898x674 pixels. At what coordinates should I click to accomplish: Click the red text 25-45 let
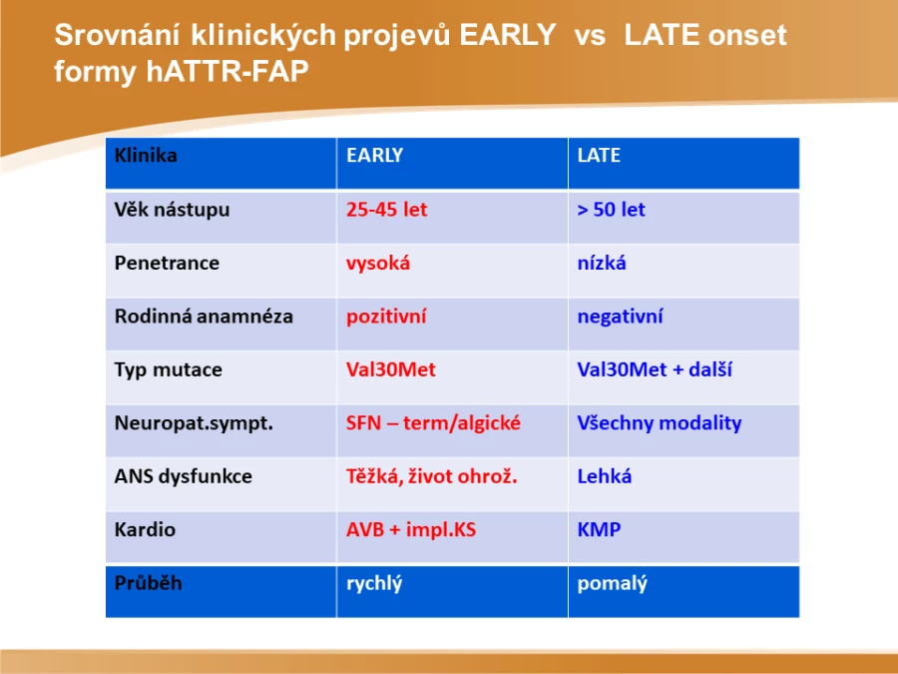[x=386, y=210]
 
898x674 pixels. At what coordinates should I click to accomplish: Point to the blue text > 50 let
[x=611, y=210]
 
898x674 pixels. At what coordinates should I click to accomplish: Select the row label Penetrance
[x=167, y=263]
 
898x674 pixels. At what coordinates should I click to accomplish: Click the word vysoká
[x=378, y=263]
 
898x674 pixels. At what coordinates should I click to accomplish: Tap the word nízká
[x=602, y=263]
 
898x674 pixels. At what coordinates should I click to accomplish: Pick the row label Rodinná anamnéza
[x=204, y=317]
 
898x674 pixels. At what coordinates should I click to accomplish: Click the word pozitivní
[x=386, y=317]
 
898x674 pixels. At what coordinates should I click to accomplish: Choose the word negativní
[x=621, y=317]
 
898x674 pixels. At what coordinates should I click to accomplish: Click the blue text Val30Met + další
[x=655, y=369]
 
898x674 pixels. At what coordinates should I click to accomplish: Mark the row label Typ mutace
[x=168, y=370]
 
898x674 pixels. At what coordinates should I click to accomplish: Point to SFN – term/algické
[x=433, y=423]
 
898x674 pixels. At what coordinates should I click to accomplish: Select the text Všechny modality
[x=660, y=423]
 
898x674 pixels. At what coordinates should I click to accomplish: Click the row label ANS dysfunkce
[x=184, y=476]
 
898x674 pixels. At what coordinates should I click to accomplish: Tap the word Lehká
[x=605, y=476]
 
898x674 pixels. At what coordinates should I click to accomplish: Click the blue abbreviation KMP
[x=599, y=529]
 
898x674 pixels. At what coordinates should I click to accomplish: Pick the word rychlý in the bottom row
[x=374, y=584]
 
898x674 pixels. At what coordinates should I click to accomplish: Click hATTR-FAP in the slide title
[x=227, y=72]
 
